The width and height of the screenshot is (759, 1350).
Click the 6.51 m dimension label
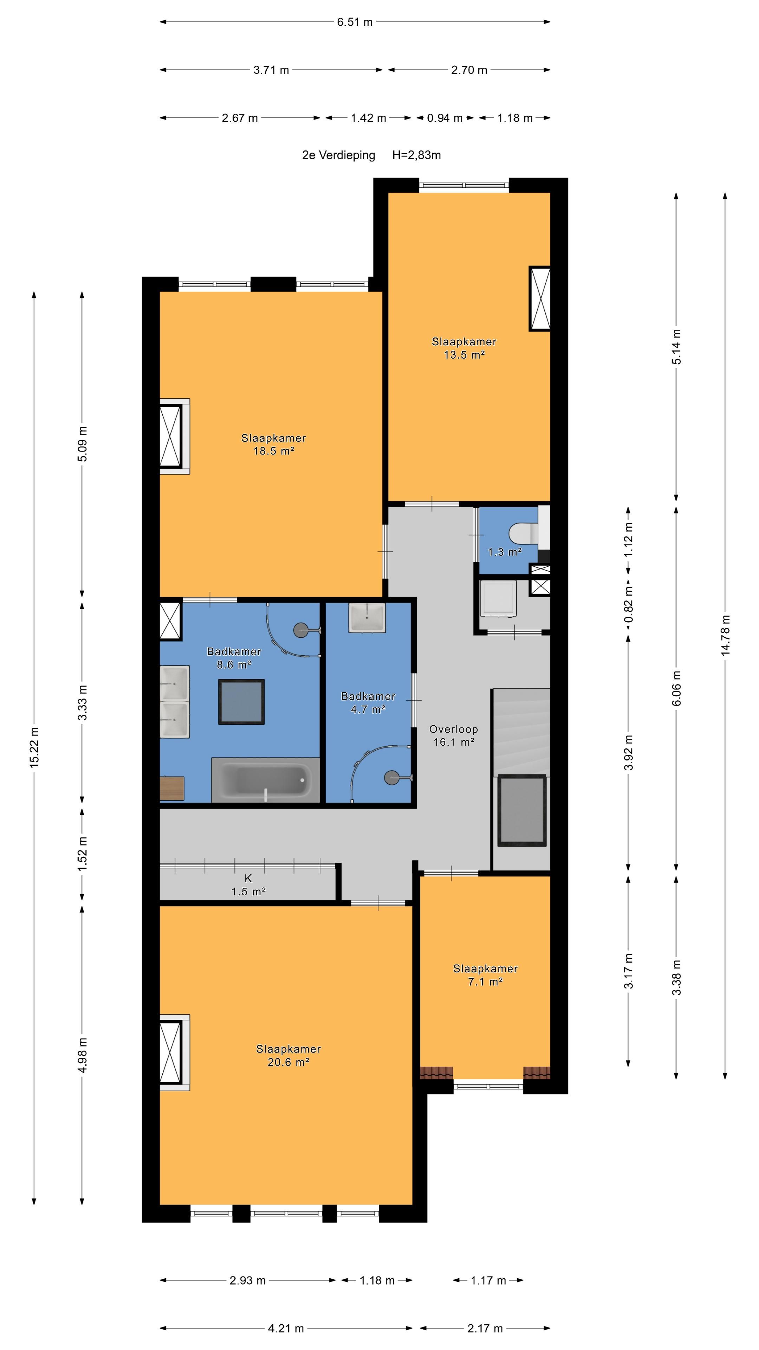point(355,22)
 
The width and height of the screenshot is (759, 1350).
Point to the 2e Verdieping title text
point(338,155)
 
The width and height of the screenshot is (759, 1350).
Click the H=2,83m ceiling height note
point(416,155)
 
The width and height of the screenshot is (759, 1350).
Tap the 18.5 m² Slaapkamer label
point(273,444)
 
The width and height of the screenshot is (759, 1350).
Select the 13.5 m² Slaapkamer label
point(464,348)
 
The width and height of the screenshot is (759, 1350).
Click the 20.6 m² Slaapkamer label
point(288,1055)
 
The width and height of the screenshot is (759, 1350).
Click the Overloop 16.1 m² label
point(454,735)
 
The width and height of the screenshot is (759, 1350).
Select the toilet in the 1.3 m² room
point(524,534)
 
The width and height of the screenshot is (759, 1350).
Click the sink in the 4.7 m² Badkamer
point(367,617)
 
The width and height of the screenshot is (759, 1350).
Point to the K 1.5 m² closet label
point(248,885)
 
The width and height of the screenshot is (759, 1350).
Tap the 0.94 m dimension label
point(445,118)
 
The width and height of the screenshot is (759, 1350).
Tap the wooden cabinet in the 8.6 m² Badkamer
point(172,788)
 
